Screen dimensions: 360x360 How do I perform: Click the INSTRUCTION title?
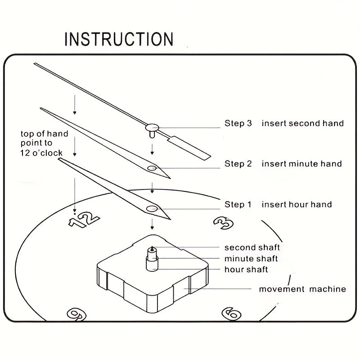(119, 39)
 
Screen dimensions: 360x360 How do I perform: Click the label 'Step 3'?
(238, 123)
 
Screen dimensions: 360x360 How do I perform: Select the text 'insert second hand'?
(302, 123)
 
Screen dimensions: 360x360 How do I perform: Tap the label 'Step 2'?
(238, 164)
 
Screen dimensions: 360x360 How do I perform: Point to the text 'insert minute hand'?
(301, 164)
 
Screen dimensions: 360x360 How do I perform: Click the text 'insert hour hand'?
(297, 204)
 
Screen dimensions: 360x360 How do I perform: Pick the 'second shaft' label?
(252, 247)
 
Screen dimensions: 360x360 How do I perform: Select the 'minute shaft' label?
(251, 258)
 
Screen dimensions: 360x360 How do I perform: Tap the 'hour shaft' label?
(246, 270)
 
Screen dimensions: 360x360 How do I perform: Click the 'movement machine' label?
(302, 289)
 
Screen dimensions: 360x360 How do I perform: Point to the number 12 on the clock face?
(84, 219)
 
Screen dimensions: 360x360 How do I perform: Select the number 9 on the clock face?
(76, 314)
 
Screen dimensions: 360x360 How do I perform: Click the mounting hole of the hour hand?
(152, 208)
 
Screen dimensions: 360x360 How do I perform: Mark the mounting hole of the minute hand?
(152, 168)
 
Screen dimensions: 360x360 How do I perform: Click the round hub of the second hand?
(153, 127)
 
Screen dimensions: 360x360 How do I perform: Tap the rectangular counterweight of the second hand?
(189, 147)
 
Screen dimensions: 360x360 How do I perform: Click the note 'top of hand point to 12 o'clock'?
(44, 143)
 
